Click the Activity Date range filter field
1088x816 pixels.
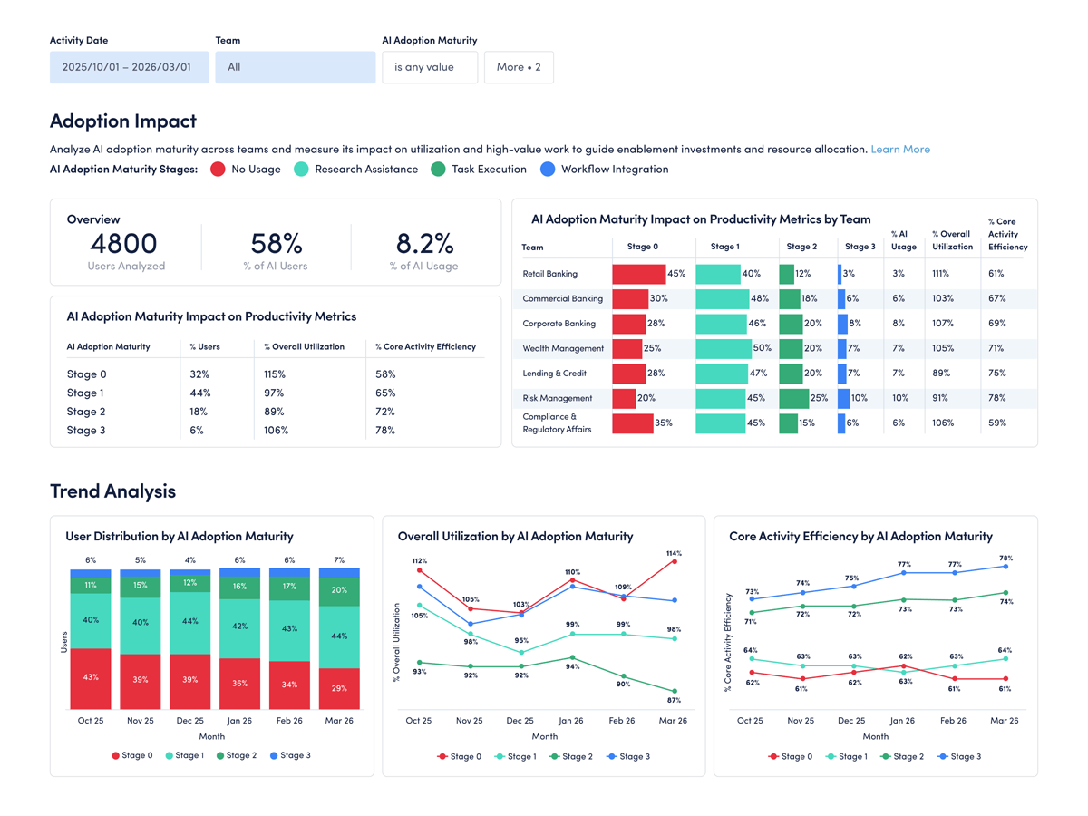tap(129, 67)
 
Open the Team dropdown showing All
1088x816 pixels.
tap(295, 67)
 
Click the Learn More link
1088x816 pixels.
tap(899, 149)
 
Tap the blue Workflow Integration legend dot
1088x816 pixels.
tap(547, 170)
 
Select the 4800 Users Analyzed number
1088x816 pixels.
tap(124, 243)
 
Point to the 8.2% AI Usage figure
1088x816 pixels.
tap(423, 243)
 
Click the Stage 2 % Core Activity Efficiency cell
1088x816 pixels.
tap(385, 412)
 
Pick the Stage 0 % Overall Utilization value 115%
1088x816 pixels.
tap(274, 374)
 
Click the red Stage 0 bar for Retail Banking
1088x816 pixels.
tap(638, 274)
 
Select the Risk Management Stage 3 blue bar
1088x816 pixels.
tap(843, 398)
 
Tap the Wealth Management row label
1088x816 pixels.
tap(562, 348)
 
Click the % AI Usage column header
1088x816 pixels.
tap(903, 240)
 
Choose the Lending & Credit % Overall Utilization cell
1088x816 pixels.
tap(942, 373)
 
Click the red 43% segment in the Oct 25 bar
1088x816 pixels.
tap(91, 678)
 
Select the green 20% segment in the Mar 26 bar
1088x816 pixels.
tap(339, 591)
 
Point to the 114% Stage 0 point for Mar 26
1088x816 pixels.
tap(673, 562)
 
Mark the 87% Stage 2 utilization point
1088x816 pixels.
tap(673, 692)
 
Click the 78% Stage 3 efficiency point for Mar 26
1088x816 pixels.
tap(1005, 567)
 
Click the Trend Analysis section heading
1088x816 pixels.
tap(112, 491)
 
